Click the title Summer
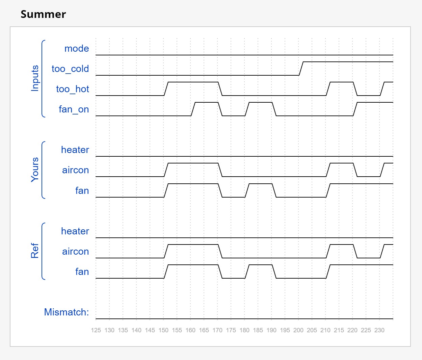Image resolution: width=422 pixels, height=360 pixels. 43,14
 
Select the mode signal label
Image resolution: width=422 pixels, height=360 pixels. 77,49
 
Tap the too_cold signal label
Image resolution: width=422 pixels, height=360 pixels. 70,69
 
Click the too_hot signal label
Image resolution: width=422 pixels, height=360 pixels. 73,89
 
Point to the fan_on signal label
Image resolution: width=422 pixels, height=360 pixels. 74,109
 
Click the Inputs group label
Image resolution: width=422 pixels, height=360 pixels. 35,78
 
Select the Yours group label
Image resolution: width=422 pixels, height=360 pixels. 35,170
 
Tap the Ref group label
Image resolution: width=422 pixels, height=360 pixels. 35,251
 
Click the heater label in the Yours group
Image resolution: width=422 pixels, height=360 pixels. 75,150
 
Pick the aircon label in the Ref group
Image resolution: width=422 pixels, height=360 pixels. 75,252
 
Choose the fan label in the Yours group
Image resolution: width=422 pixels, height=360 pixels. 82,191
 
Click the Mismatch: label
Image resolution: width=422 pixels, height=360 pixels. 67,312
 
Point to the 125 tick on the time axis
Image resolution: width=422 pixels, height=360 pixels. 96,330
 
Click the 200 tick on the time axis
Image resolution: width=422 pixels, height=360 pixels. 298,330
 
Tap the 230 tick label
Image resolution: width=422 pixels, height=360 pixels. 379,330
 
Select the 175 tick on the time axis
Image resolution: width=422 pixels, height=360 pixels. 231,330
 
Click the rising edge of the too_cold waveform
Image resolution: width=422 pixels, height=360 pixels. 301,69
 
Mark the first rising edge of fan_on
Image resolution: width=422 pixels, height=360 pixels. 193,109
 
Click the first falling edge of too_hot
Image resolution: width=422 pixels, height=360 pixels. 220,89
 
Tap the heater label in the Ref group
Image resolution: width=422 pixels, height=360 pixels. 75,231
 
